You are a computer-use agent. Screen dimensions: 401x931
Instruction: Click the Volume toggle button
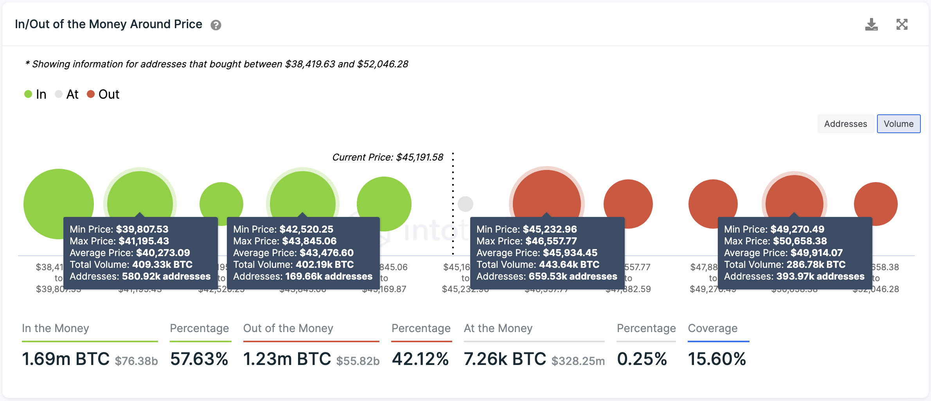coord(899,124)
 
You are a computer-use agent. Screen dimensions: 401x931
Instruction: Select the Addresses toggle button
coord(845,124)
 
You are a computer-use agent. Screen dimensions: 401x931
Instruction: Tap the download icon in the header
coord(871,24)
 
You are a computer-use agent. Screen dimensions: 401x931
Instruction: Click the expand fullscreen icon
coord(902,24)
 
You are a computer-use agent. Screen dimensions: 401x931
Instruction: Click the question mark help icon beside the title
coord(216,25)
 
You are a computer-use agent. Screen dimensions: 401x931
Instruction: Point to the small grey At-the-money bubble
coord(465,204)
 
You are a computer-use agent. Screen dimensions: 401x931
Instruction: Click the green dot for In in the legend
coord(28,94)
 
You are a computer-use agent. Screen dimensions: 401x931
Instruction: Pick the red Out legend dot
coord(91,94)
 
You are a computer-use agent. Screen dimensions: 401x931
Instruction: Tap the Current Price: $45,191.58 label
coord(387,157)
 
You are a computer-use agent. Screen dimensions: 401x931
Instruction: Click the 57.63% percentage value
coord(199,359)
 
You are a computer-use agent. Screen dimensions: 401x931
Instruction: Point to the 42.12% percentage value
coord(421,359)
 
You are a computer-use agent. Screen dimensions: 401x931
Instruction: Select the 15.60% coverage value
coord(717,359)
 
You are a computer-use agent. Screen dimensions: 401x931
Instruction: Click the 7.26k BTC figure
coord(505,359)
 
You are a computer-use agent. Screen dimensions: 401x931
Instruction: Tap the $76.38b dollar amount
coord(136,360)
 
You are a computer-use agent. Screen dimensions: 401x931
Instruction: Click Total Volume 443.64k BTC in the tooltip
coord(538,264)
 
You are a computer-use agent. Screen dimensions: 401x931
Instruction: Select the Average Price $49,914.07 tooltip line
coord(783,253)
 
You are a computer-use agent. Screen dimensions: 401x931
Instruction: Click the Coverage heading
coord(712,328)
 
